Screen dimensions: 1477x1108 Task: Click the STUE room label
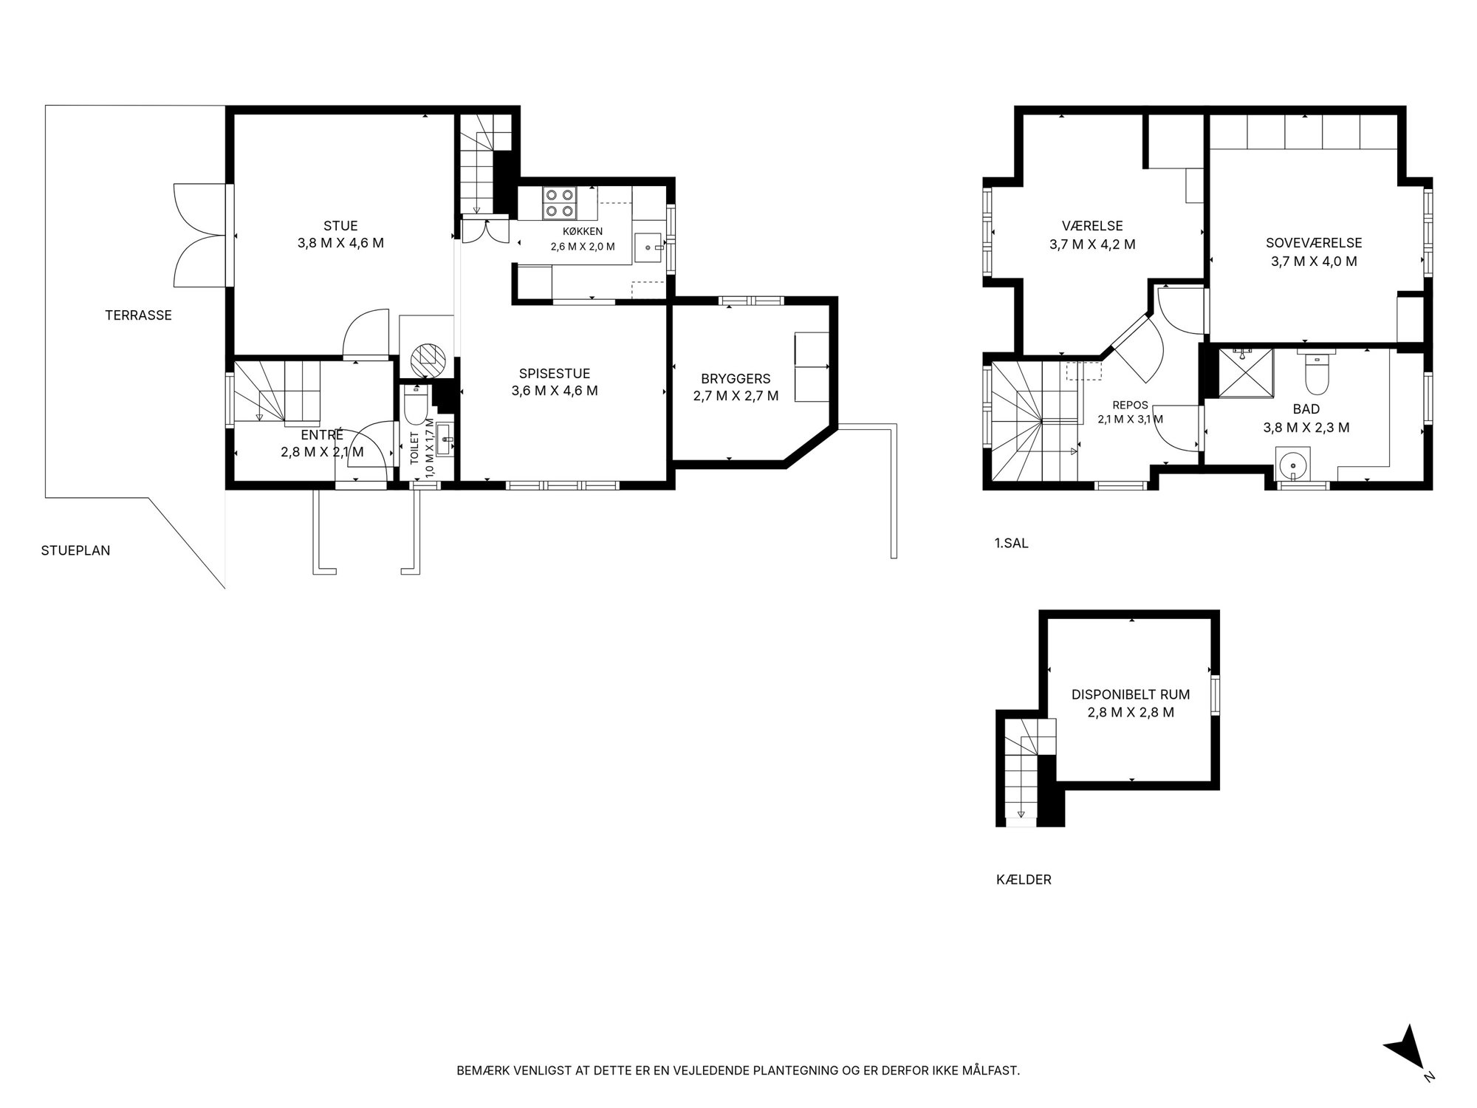pos(340,226)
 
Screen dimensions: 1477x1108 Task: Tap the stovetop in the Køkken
pos(559,203)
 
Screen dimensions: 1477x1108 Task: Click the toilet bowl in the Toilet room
pos(416,403)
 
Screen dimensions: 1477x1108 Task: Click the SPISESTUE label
pos(555,374)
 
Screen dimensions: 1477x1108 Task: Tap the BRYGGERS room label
pos(736,379)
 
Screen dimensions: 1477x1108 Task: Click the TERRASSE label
pos(138,315)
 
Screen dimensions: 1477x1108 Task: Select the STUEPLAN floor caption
pos(75,550)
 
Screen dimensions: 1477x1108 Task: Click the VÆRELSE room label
pos(1092,226)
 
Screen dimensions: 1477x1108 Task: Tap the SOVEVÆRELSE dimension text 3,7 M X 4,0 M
pos(1314,261)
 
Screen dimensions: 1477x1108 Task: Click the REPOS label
pos(1130,406)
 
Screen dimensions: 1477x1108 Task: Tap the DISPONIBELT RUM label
pos(1131,695)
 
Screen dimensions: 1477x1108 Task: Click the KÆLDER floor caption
pos(1024,880)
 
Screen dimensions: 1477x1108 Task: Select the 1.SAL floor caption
pos(1012,544)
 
